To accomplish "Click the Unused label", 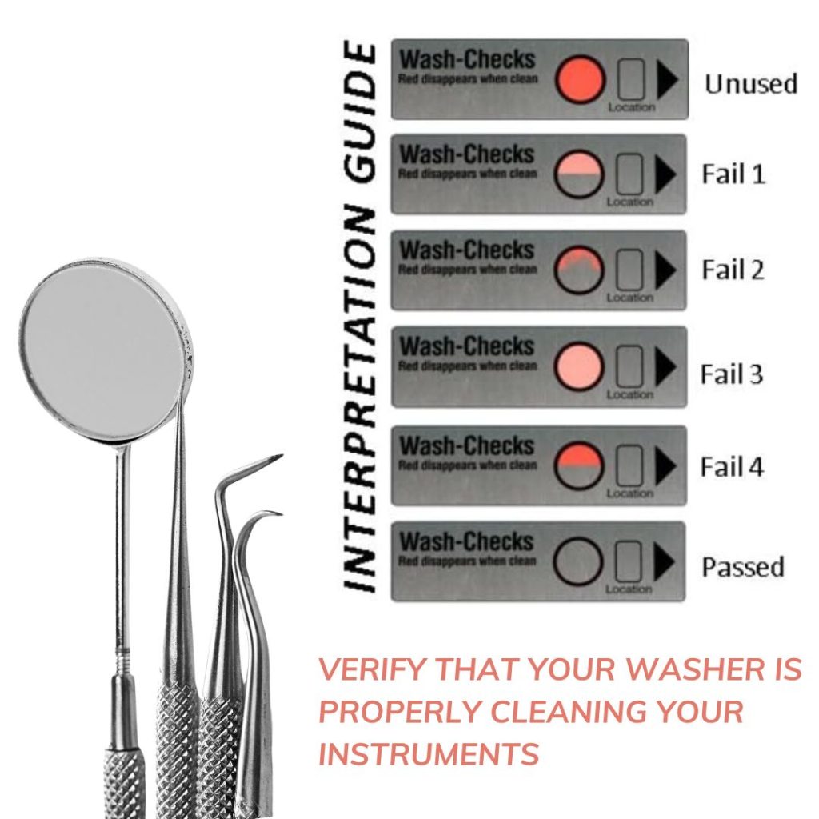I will coord(751,83).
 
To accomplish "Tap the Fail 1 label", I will coord(733,174).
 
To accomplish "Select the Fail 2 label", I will coord(733,270).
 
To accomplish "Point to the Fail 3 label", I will coord(733,374).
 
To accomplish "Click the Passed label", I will coord(743,567).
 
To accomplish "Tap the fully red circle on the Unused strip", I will coord(580,79).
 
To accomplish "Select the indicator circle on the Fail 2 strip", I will coord(579,270).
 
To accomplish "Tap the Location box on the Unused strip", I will coord(631,80).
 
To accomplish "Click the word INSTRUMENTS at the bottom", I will coord(429,753).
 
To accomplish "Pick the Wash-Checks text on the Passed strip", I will coord(466,541).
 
